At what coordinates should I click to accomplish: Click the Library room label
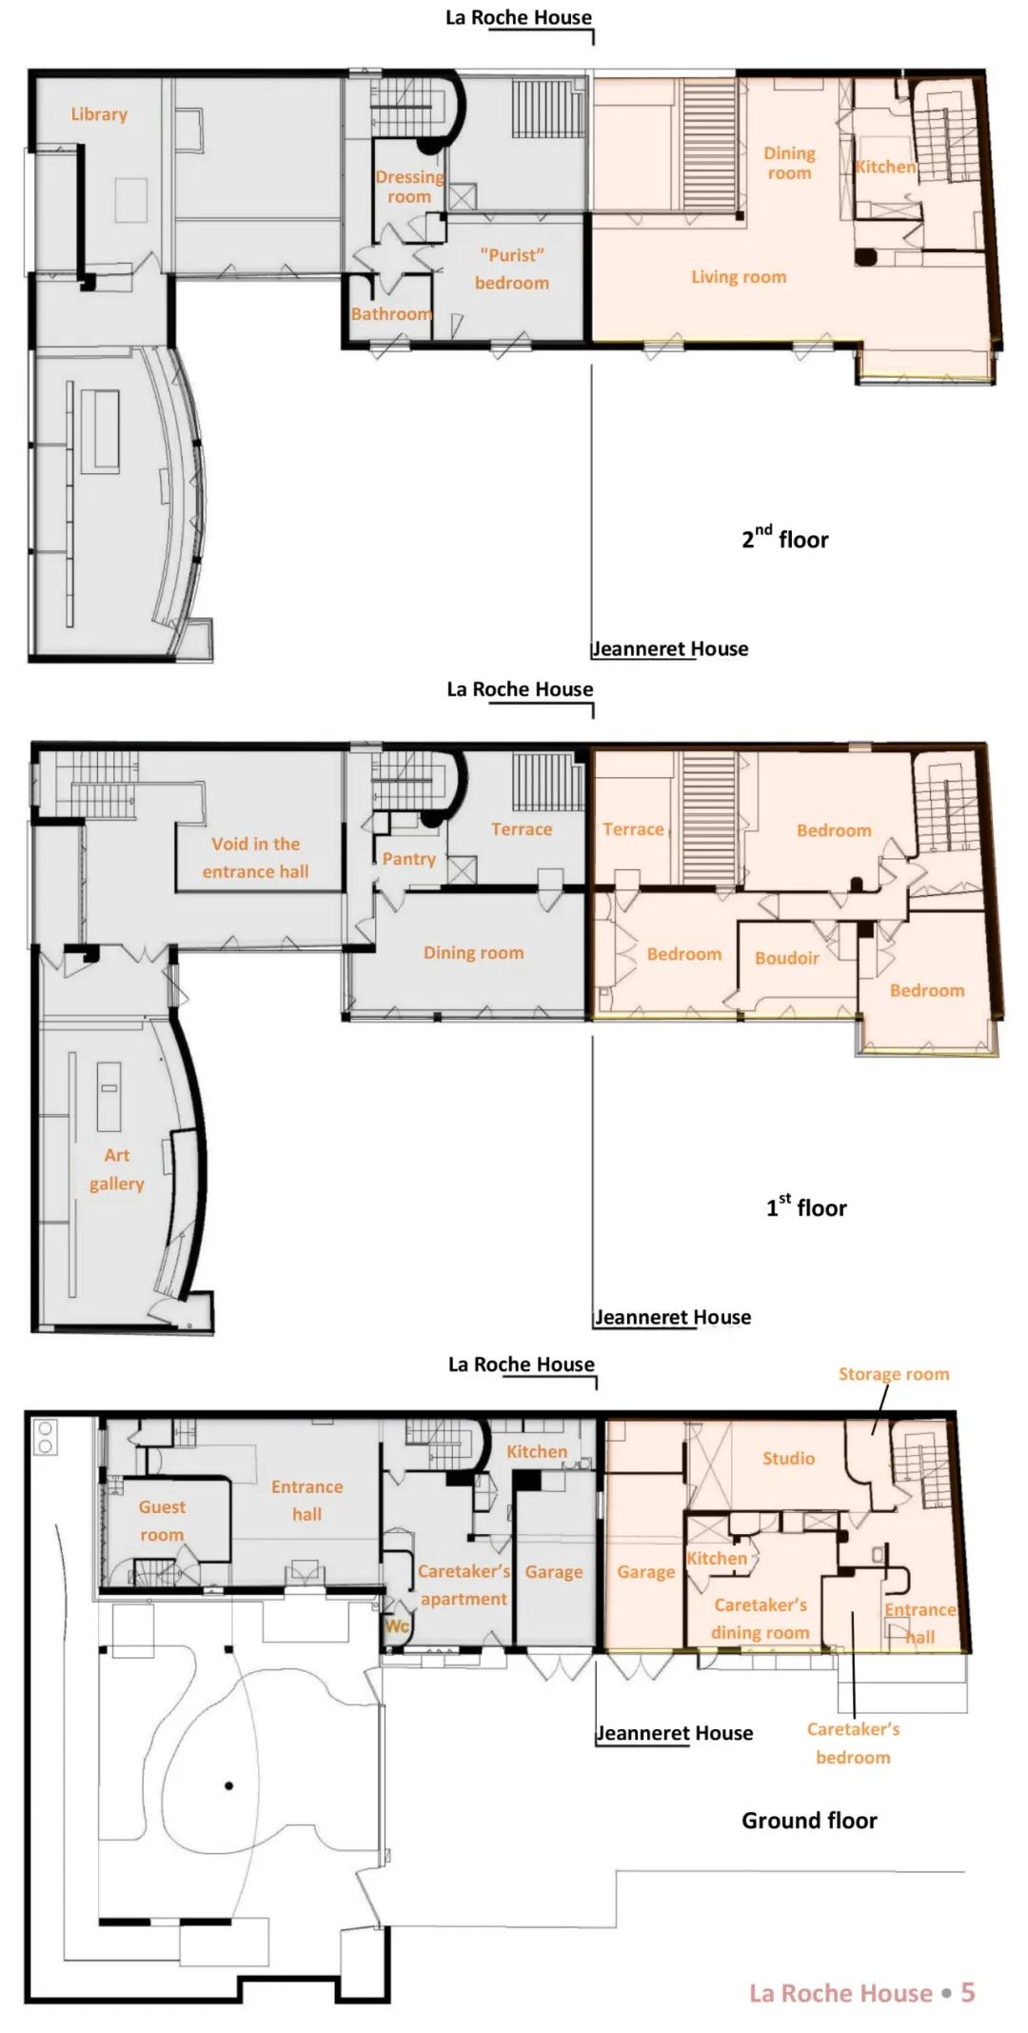[99, 114]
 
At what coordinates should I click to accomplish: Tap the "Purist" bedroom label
[512, 269]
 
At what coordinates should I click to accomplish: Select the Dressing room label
[409, 187]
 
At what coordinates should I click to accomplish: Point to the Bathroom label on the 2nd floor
[391, 313]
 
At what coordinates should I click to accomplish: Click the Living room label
[739, 277]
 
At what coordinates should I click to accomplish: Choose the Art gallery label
[117, 1169]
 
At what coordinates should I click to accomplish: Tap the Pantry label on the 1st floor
[409, 859]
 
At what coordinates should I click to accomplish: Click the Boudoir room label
[787, 958]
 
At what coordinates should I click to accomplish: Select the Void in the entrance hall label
[255, 857]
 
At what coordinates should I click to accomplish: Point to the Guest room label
[162, 1521]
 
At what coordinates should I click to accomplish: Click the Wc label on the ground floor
[397, 1625]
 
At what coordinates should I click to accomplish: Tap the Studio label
[788, 1458]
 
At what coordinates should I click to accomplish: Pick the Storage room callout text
[894, 1374]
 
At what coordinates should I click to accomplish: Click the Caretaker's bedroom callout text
[853, 1743]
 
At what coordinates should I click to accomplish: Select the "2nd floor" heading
[785, 538]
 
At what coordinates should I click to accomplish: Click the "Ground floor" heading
[809, 1820]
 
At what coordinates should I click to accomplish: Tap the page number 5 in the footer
[968, 1992]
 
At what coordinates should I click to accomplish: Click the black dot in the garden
[228, 1785]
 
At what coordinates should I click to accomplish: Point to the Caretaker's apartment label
[465, 1585]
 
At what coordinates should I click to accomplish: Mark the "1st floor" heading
[806, 1206]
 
